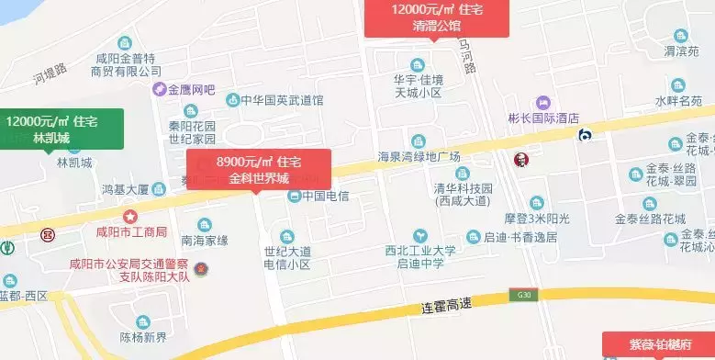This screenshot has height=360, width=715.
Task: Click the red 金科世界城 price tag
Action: [x=258, y=168]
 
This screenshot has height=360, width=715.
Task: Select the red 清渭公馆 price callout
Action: [x=436, y=17]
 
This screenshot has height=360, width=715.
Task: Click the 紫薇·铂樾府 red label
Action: [x=658, y=344]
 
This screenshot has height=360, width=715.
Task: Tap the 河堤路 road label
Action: [x=51, y=73]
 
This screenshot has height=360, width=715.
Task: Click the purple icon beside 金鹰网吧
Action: [x=159, y=90]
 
